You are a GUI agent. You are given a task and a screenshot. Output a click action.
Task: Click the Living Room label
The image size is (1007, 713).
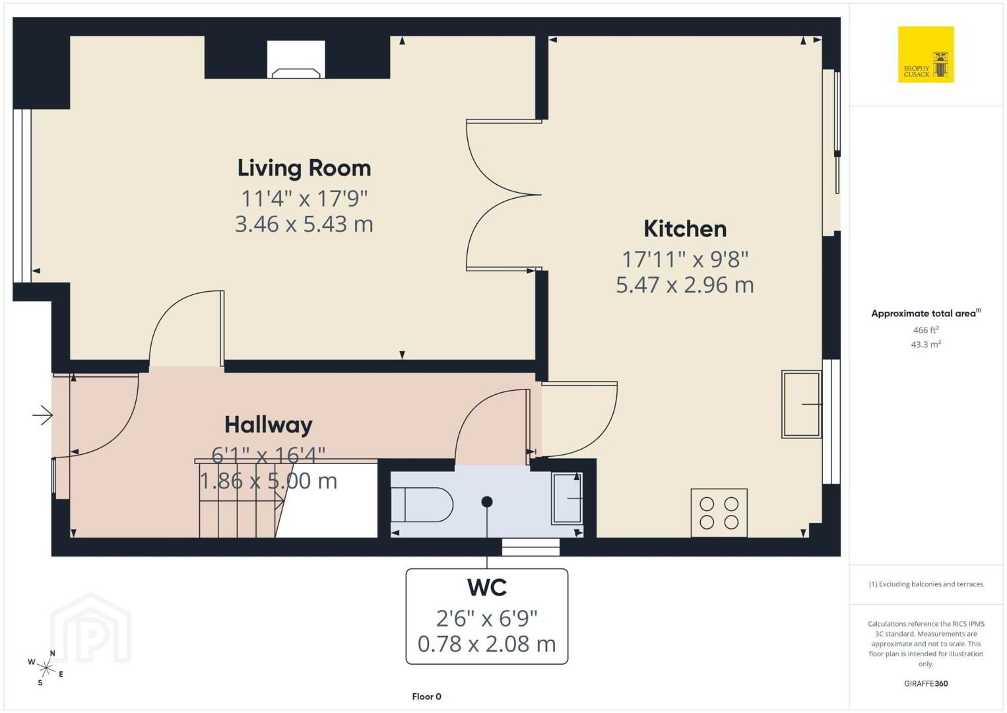[304, 169]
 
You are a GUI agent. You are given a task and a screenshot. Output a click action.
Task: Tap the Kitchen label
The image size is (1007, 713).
[685, 229]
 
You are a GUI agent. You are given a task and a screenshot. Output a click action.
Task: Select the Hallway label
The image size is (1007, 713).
[269, 425]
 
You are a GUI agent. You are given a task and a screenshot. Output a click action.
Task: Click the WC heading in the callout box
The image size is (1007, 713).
[487, 588]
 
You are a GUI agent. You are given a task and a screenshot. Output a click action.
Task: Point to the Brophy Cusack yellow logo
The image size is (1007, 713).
[926, 54]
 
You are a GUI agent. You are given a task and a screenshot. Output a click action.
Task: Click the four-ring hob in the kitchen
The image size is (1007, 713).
[719, 513]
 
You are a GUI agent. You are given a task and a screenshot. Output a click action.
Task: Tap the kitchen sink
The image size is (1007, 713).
[802, 404]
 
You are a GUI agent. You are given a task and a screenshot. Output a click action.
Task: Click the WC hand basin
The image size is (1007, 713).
[568, 498]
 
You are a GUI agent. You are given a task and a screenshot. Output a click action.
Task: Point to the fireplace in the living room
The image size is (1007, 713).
[296, 59]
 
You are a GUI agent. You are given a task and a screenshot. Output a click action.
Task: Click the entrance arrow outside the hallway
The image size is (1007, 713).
[42, 415]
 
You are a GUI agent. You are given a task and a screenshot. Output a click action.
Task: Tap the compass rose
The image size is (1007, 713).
[46, 668]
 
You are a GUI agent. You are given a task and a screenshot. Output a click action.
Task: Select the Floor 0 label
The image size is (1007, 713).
[427, 696]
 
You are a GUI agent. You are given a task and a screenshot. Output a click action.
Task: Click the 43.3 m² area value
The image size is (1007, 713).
[926, 345]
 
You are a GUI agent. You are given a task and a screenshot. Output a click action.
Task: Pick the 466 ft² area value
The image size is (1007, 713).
[926, 330]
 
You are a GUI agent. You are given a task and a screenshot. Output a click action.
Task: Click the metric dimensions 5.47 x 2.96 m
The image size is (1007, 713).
[685, 285]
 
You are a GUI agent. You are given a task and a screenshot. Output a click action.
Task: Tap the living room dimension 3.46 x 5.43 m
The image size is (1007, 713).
[304, 224]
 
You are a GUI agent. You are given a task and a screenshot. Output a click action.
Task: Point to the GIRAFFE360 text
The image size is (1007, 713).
[926, 684]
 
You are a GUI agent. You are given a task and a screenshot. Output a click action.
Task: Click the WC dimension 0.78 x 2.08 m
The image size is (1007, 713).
[487, 644]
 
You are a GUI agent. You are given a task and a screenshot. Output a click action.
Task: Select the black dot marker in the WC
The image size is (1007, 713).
[487, 502]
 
